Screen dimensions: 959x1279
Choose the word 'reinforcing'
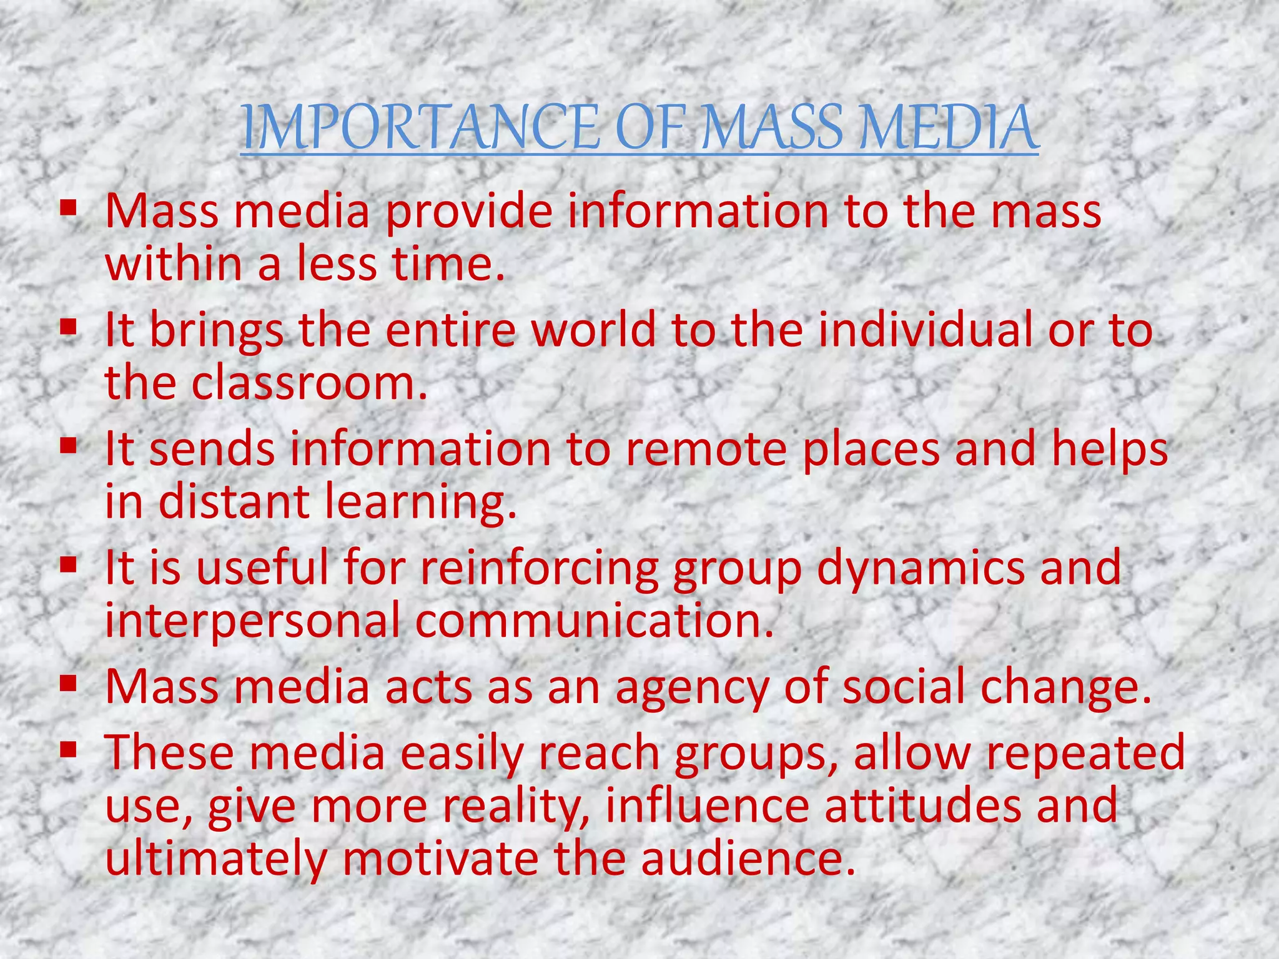pyautogui.click(x=539, y=568)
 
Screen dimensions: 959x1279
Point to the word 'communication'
pyautogui.click(x=593, y=621)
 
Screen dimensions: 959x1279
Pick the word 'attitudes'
pyautogui.click(x=922, y=806)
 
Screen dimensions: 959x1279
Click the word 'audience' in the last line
pyautogui.click(x=747, y=859)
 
